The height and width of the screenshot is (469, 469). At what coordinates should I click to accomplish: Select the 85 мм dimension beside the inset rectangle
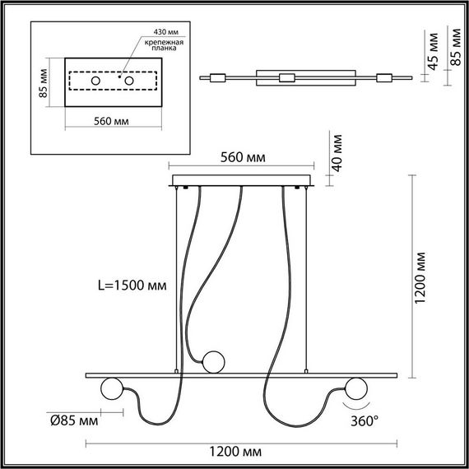click(47, 81)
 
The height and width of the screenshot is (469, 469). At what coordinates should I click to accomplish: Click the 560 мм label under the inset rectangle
click(112, 120)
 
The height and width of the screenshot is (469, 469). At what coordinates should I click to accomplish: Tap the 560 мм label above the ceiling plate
click(243, 159)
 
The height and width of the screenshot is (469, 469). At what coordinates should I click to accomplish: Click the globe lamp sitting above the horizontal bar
click(214, 360)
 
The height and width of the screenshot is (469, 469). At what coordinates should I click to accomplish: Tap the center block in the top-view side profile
click(287, 78)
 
